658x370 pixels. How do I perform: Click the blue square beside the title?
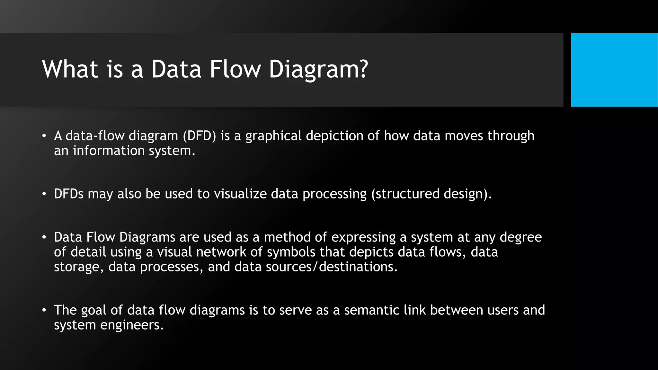pyautogui.click(x=614, y=70)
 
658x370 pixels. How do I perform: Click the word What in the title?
pyautogui.click(x=70, y=69)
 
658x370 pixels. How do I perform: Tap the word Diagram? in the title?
pyautogui.click(x=318, y=69)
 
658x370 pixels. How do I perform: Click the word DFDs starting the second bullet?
pyautogui.click(x=69, y=194)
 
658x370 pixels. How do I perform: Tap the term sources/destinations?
pyautogui.click(x=332, y=267)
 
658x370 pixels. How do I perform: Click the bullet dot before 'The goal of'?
pyautogui.click(x=44, y=310)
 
